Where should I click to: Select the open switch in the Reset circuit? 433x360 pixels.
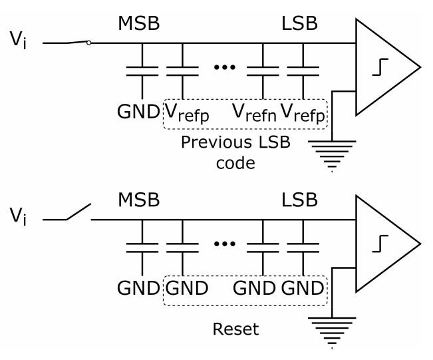pos(76,214)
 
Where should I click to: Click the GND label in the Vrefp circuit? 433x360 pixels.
pos(142,112)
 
